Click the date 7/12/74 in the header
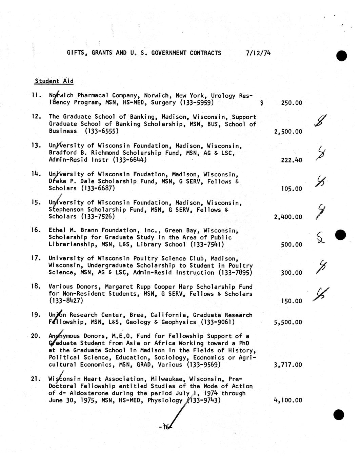pyautogui.click(x=259, y=53)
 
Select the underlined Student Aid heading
pyautogui.click(x=54, y=81)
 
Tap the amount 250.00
pyautogui.click(x=292, y=103)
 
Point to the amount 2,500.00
pyautogui.click(x=288, y=132)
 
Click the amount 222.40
pyautogui.click(x=292, y=160)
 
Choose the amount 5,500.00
pyautogui.click(x=288, y=322)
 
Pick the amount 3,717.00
pyautogui.click(x=288, y=365)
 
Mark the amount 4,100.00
pyautogui.click(x=288, y=400)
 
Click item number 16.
pyautogui.click(x=36, y=230)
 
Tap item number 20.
pyautogui.click(x=36, y=336)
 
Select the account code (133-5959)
pyautogui.click(x=197, y=102)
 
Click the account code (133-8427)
pyautogui.click(x=66, y=300)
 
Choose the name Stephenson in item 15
pyautogui.click(x=66, y=210)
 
